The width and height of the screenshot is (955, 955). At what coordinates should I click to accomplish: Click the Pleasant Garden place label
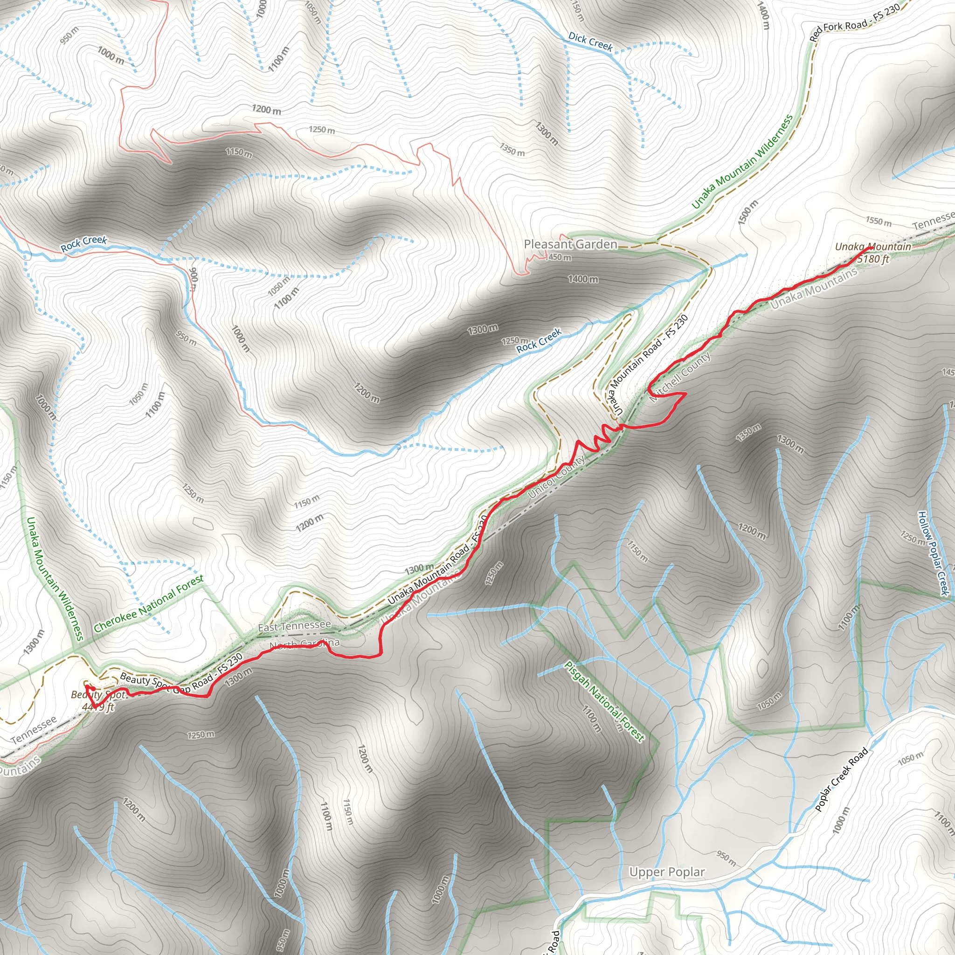point(570,244)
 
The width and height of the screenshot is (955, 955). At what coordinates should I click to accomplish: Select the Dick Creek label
point(590,42)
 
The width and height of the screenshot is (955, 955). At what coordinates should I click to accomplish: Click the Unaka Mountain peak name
point(873,247)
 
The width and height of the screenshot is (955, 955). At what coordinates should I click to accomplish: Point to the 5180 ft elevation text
point(873,259)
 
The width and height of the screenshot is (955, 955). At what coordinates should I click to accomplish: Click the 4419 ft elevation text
point(98,707)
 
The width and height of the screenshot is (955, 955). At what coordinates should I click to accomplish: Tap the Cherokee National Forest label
point(148,603)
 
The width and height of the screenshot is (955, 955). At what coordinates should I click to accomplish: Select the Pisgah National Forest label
point(604,702)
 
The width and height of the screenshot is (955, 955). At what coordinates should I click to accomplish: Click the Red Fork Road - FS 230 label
point(855,23)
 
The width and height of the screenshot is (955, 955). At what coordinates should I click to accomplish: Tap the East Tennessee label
point(294,626)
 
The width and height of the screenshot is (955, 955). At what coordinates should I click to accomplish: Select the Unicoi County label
point(557,477)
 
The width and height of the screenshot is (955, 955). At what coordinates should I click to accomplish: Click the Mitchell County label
point(681,377)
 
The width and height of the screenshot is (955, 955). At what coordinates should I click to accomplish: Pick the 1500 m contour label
point(747,213)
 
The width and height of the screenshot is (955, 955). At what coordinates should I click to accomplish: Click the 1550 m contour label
point(879,221)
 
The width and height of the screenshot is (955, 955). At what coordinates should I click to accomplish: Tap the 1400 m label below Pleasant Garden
point(583,279)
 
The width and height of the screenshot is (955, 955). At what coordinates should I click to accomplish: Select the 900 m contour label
point(194,280)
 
